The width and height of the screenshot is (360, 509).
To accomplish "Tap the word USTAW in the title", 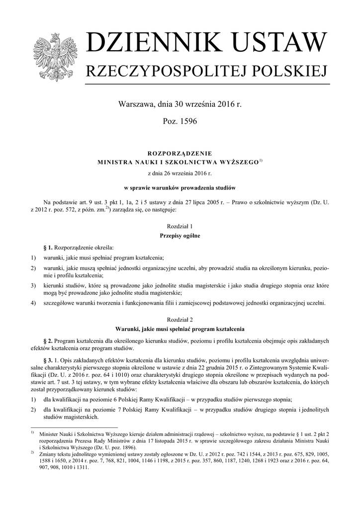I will [x=283, y=44].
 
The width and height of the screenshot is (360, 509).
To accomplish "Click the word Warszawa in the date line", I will [x=135, y=105].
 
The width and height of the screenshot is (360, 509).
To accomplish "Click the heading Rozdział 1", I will [x=180, y=226].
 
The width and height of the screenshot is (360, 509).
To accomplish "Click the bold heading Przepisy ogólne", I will [x=180, y=236].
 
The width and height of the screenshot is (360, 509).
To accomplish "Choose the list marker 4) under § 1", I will [x=33, y=303].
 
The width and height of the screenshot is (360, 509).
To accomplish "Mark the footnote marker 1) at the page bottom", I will [x=32, y=433].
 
